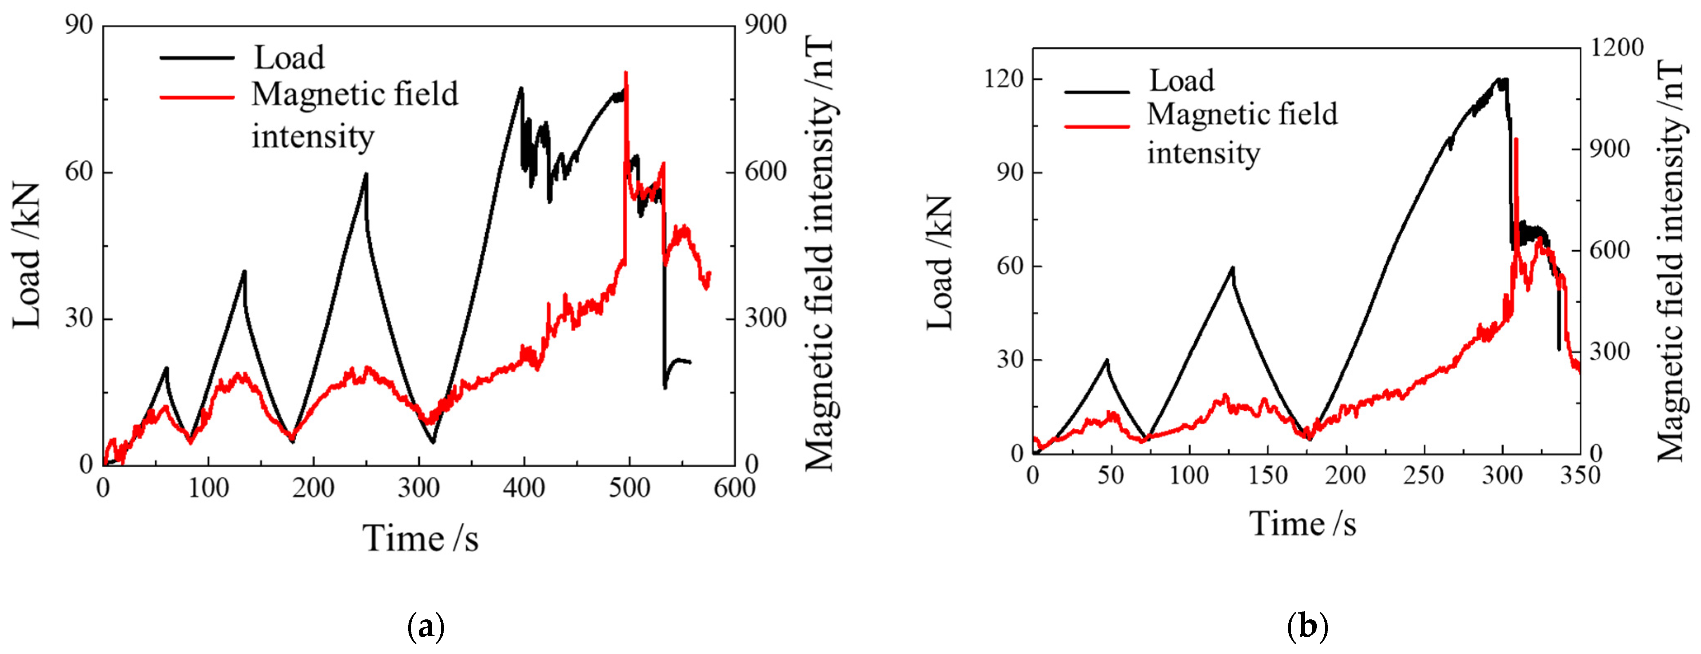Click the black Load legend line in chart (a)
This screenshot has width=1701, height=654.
tap(197, 58)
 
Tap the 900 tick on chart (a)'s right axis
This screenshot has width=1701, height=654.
tap(766, 25)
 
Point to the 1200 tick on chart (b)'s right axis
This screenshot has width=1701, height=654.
tap(1616, 47)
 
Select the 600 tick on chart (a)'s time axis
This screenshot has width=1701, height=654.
tap(734, 488)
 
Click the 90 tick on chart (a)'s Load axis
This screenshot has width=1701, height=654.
tap(79, 25)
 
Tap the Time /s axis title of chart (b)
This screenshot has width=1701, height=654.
tap(1302, 525)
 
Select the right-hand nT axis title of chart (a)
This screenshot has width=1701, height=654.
tap(820, 254)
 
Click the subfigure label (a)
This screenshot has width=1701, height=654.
tap(426, 626)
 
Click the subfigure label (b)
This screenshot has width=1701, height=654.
tap(1307, 626)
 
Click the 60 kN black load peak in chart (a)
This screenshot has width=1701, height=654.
tap(365, 174)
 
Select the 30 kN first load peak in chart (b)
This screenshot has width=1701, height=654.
tap(1107, 360)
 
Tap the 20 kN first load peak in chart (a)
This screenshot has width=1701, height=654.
tap(166, 368)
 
